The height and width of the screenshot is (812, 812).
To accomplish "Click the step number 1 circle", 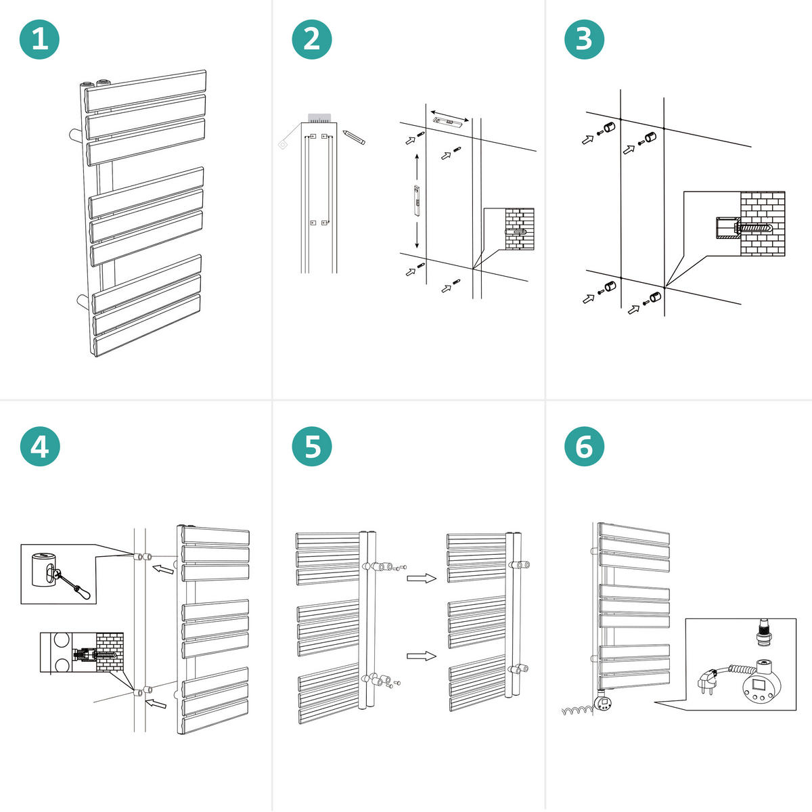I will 40,39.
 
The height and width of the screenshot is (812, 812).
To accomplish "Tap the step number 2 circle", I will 312,39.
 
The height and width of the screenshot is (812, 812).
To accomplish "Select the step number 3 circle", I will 584,39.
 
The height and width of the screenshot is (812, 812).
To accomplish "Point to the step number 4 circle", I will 40,447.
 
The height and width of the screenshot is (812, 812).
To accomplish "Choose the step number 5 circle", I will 312,447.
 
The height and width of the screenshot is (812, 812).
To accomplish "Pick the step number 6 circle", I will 584,447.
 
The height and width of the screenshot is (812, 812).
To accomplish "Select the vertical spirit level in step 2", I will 417,200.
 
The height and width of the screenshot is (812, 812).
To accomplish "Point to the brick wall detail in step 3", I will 762,224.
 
